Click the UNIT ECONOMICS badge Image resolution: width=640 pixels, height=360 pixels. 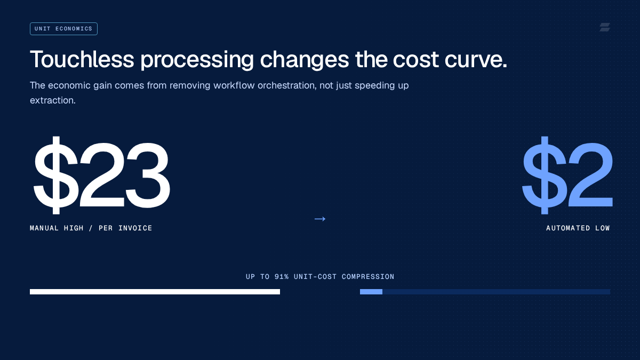point(63,29)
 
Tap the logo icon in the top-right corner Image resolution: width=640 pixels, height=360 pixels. point(605,27)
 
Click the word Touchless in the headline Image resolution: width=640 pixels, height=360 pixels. point(82,59)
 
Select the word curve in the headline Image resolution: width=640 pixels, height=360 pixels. point(476,60)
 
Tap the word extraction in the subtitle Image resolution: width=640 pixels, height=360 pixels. point(53,100)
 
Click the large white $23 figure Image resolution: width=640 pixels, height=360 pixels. point(102,175)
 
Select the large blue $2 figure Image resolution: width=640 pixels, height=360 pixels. point(567,175)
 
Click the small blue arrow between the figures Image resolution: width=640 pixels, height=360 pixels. point(320,219)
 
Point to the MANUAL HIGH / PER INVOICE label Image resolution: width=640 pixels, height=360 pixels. point(91,228)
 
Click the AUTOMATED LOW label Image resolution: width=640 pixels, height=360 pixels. point(578,228)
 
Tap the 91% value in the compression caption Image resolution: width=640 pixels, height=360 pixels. point(282,277)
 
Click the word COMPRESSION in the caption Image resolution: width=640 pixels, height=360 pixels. point(368,277)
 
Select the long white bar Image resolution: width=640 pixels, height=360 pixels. point(155,292)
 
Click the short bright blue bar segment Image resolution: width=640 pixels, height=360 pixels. point(371,292)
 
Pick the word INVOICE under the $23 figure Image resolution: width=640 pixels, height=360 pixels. point(135,228)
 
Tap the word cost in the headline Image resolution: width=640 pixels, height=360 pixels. point(415,60)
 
